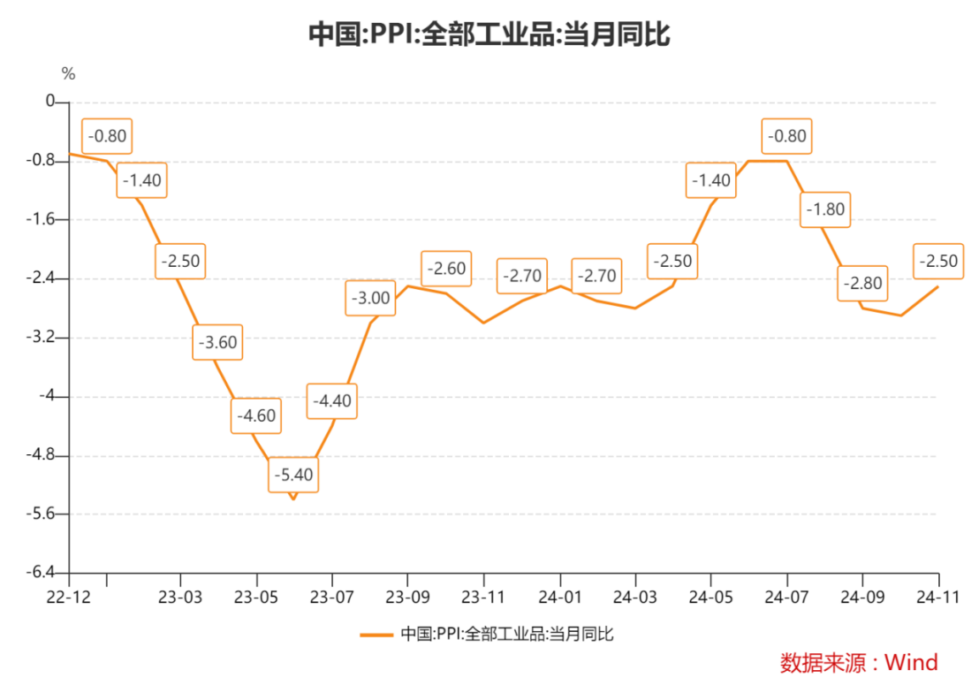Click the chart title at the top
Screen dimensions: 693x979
[x=489, y=34]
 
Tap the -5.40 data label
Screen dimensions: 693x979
[x=293, y=475]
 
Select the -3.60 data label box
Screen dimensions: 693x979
[x=217, y=343]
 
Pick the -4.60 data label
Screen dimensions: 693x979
[x=256, y=416]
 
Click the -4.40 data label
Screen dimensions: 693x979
[x=331, y=401]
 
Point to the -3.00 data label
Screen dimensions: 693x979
[x=370, y=298]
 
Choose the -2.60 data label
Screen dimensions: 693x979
[x=446, y=269]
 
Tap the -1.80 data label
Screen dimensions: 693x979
[x=825, y=210]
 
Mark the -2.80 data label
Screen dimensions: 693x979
[x=862, y=284]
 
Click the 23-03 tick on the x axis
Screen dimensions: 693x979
[x=181, y=597]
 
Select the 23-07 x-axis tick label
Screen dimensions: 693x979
[x=332, y=597]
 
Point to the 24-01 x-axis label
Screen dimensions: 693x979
[x=559, y=597]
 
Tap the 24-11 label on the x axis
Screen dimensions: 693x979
[x=938, y=597]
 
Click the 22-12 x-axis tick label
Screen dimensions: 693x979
[x=69, y=597]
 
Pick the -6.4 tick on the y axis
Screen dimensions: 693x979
[x=42, y=573]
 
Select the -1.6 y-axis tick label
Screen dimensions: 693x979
[x=42, y=220]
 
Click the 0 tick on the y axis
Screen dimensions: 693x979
[x=49, y=103]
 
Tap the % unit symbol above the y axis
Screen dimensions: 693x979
[x=68, y=73]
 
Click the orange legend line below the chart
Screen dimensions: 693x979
[x=376, y=634]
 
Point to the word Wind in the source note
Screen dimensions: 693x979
[x=912, y=662]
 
